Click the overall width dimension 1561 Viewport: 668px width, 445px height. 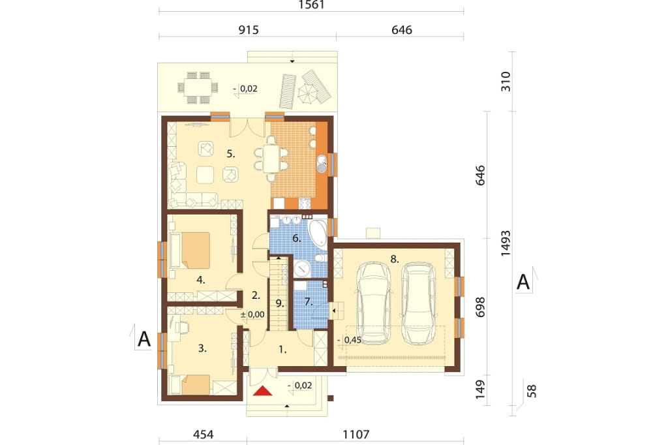tap(311, 5)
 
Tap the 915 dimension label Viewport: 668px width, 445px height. tap(249, 30)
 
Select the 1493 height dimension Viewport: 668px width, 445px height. tap(506, 243)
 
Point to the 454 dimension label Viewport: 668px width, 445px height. tap(204, 435)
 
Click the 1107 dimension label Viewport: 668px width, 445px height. tap(356, 435)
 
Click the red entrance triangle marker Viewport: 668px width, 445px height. tap(262, 390)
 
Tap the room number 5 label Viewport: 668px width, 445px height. tap(230, 154)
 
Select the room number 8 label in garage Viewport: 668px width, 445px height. tap(395, 259)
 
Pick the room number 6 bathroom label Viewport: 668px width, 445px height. tap(297, 238)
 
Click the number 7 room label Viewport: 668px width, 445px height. tap(309, 302)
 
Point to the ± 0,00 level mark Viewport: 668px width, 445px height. tap(252, 315)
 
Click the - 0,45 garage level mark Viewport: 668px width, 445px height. tap(350, 340)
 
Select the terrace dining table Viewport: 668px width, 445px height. tap(198, 88)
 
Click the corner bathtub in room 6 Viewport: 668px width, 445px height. tap(317, 234)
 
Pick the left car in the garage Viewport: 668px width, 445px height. tap(374, 303)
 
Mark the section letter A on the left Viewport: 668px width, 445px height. tap(144, 339)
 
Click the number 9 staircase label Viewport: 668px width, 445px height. tap(279, 303)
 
